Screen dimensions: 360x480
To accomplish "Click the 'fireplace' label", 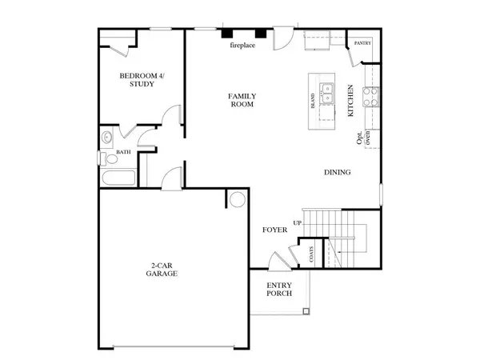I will pos(242,45).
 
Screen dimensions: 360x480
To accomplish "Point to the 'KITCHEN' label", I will pos(350,102).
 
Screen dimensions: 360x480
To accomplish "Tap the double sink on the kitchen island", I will pos(326,93).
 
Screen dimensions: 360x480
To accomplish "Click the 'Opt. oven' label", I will pos(363,139).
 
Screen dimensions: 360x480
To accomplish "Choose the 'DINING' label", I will pos(337,173).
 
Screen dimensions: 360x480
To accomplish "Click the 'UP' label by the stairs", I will pos(298,222).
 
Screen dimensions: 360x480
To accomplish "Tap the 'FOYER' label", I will pos(274,230).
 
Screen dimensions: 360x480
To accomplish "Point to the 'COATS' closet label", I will pos(311,254).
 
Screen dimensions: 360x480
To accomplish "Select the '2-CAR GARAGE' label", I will pos(161,269).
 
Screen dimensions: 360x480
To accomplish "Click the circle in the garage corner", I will pos(238,198).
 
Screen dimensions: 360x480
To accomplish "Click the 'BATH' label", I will pos(123,151).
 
